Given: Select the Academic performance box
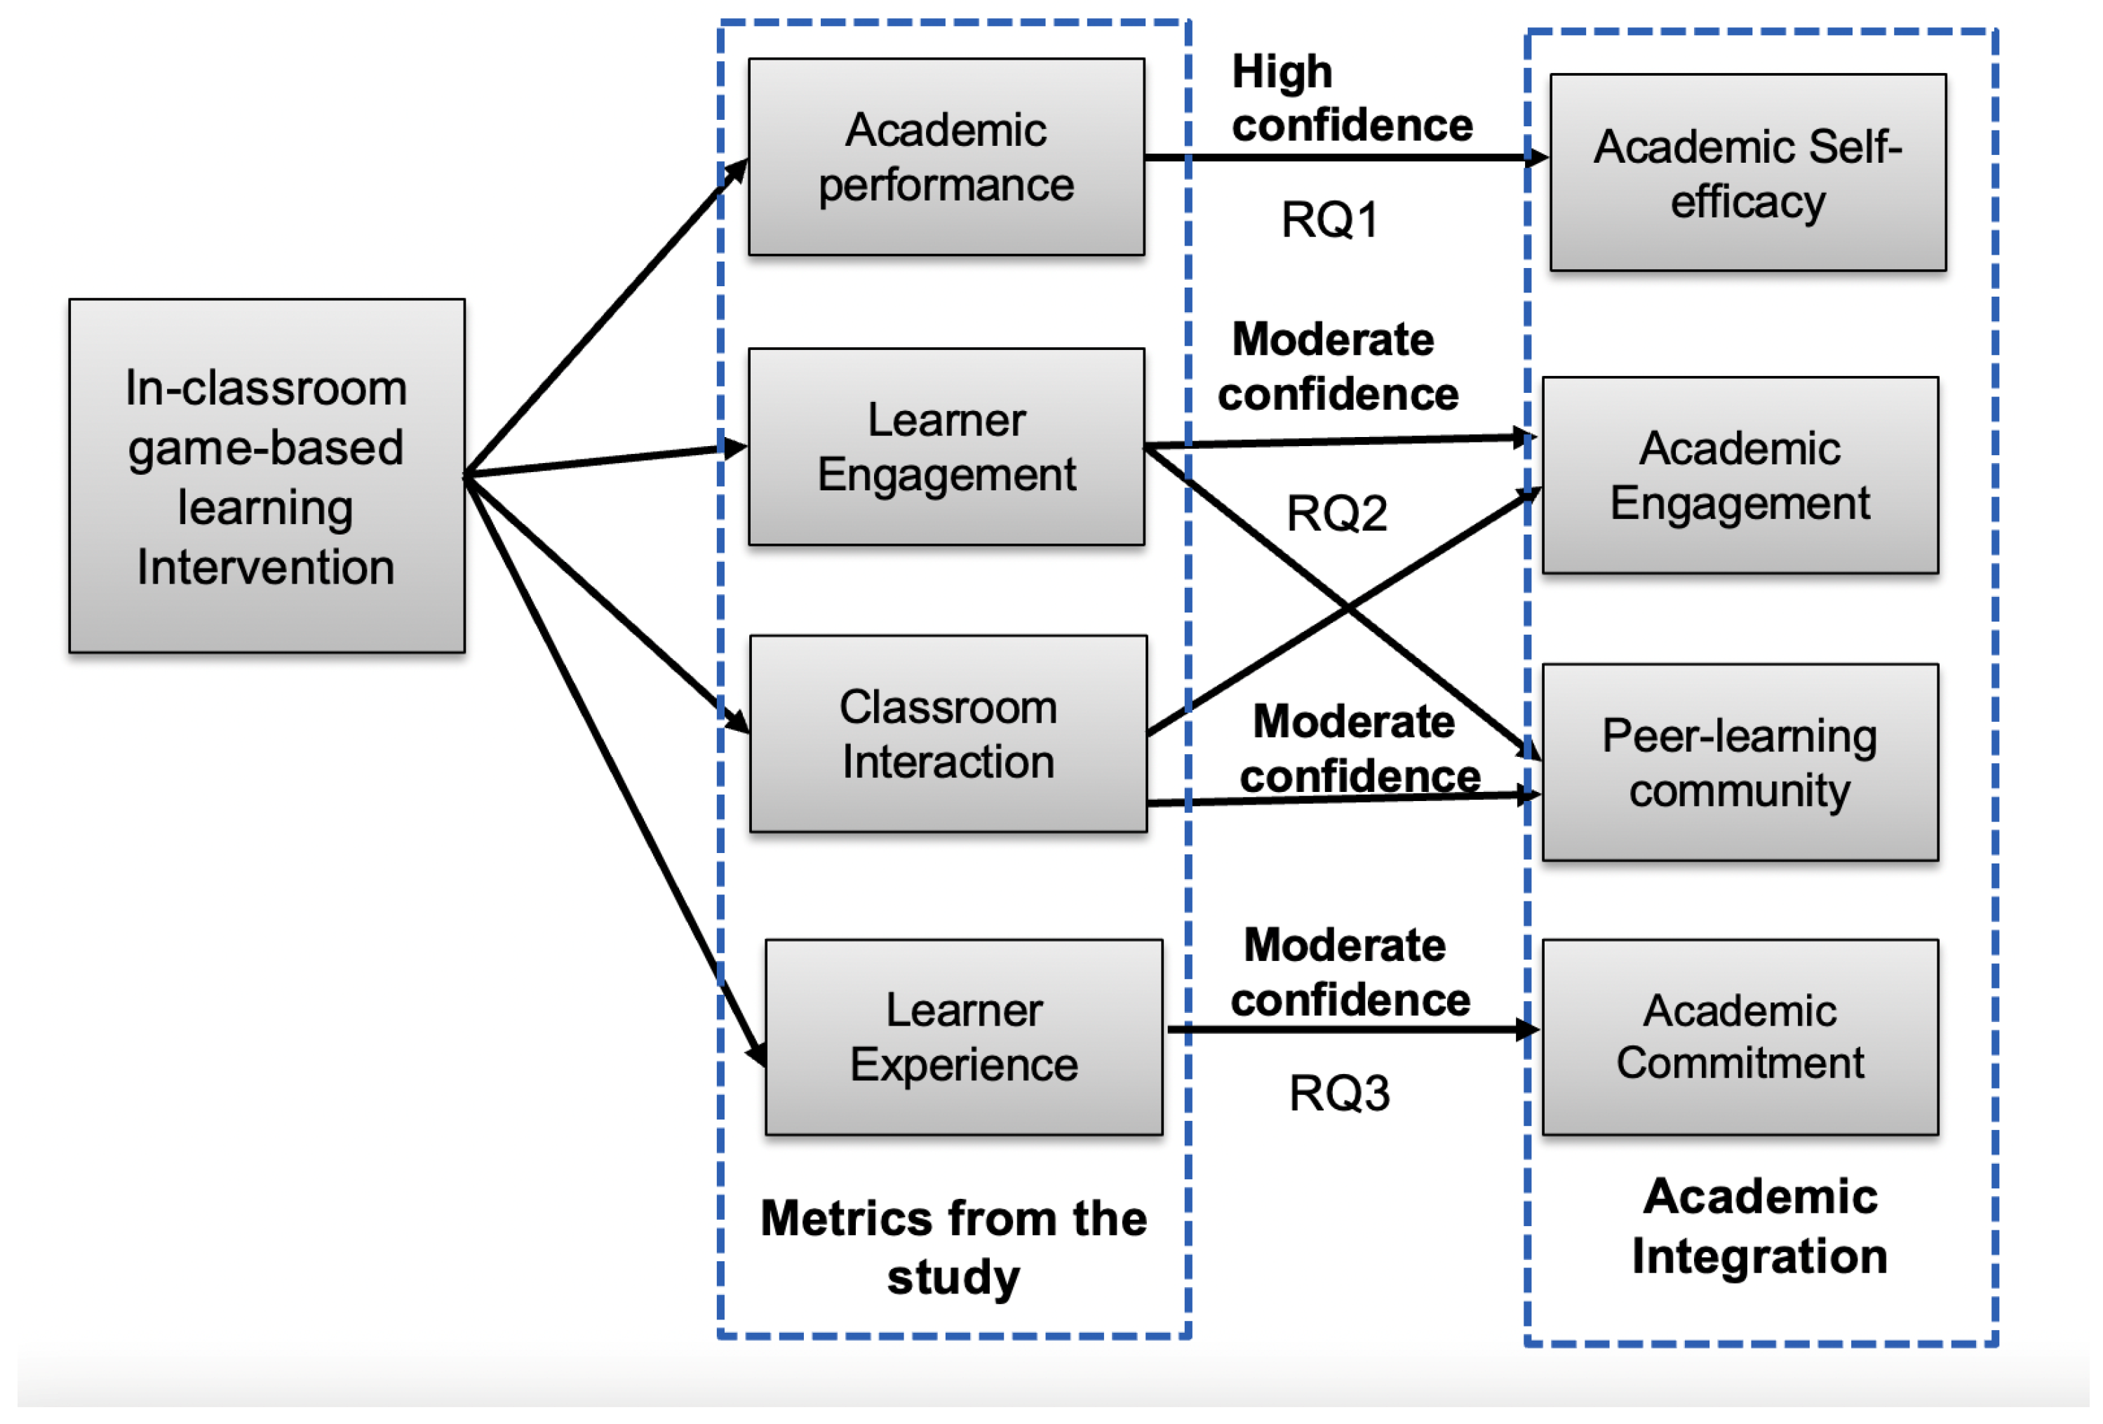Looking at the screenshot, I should tap(946, 156).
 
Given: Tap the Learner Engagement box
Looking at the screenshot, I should tap(946, 447).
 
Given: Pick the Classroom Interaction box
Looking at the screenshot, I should tap(948, 734).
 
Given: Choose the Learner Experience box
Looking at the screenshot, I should tap(964, 1037).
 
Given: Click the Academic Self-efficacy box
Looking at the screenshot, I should tap(1747, 172).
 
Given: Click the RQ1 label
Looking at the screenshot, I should tap(1329, 220).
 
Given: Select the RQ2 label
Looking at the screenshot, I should tap(1336, 514).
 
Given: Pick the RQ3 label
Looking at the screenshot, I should tap(1338, 1093).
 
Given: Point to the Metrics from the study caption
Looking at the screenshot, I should tap(954, 1247).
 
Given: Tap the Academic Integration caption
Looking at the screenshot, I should tap(1759, 1226).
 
